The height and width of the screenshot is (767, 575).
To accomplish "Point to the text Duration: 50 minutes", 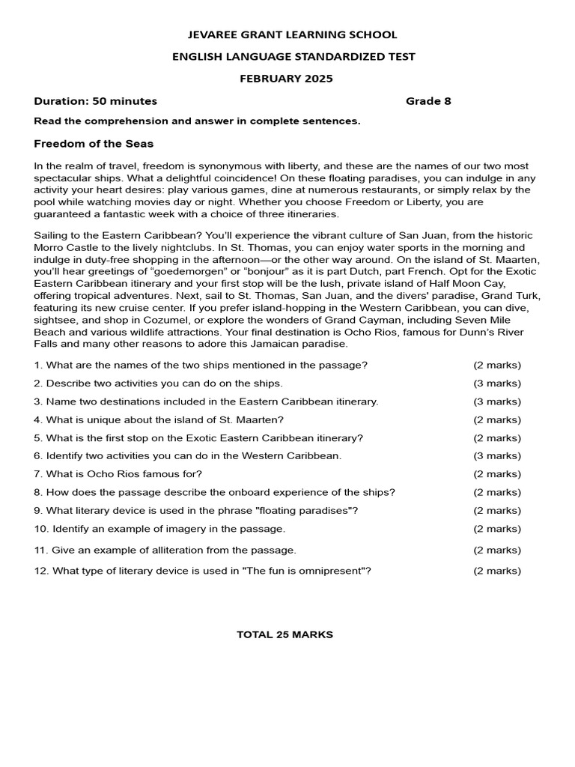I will click(96, 101).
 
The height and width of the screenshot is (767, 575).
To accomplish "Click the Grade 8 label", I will click(428, 101).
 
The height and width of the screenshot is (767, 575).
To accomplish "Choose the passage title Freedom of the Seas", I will click(94, 143).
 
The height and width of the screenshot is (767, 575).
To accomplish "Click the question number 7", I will click(37, 474).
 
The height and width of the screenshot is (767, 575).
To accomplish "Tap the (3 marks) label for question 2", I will click(497, 383).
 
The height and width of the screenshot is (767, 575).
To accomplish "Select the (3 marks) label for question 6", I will click(497, 456).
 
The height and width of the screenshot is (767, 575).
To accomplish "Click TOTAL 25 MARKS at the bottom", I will click(285, 634).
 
